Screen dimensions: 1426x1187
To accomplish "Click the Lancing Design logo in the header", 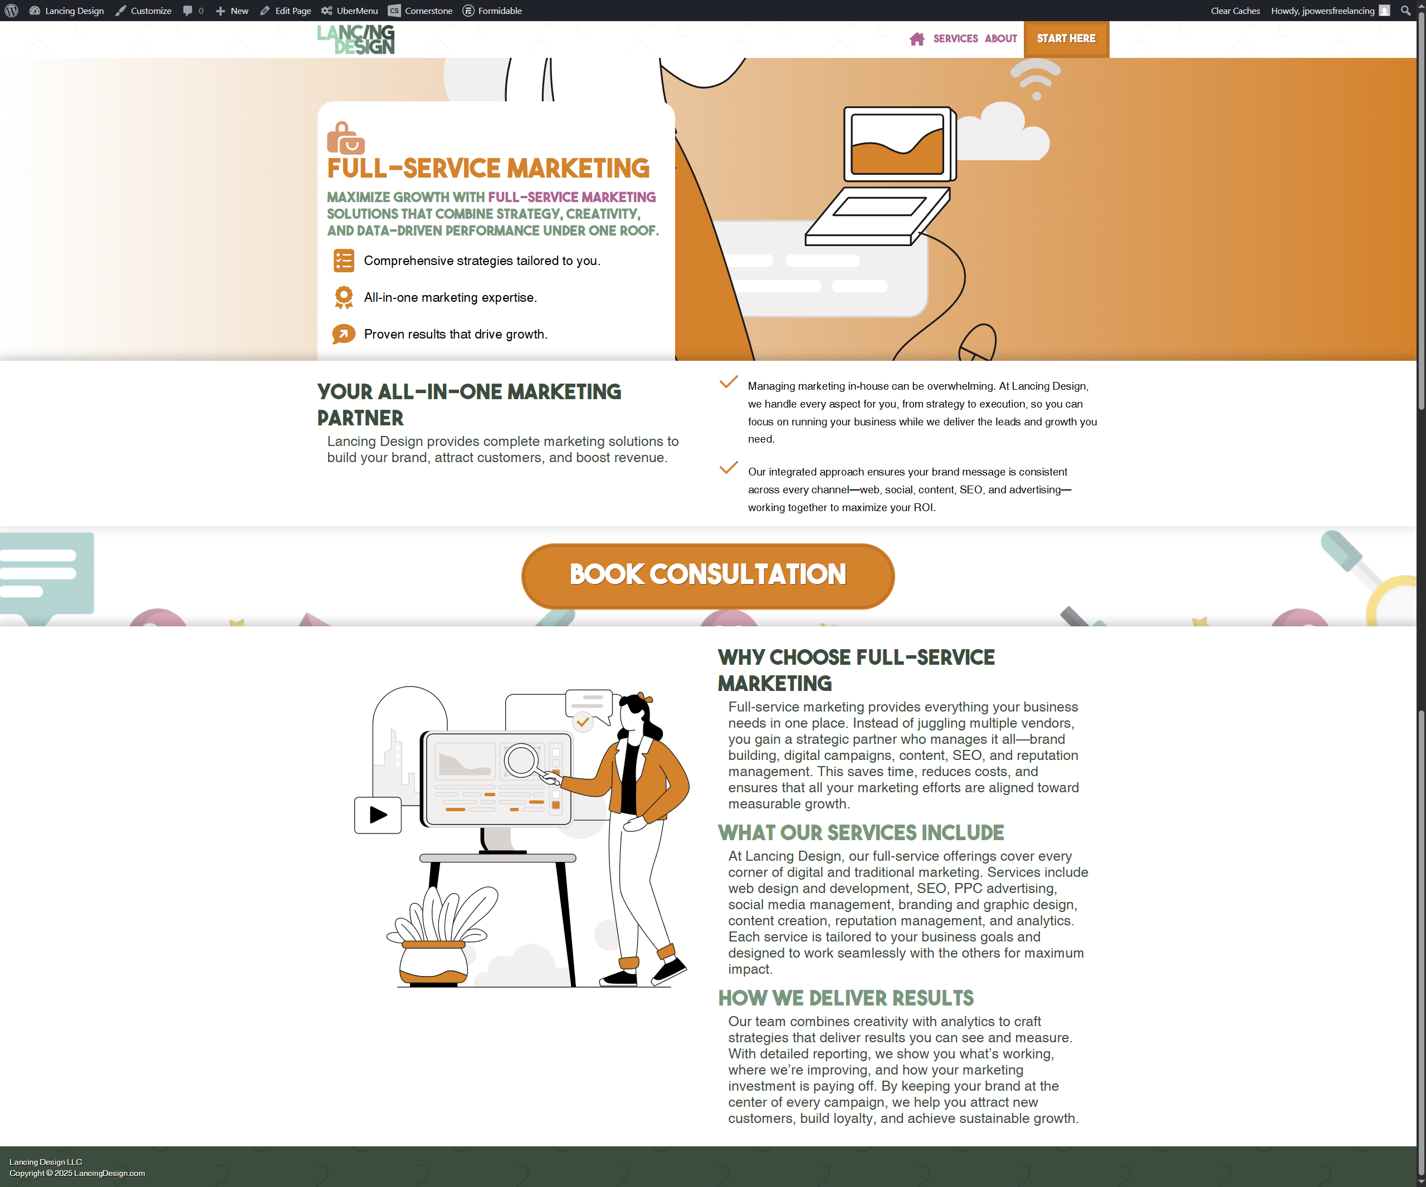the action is click(356, 40).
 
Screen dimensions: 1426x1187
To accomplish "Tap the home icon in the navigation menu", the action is click(917, 38).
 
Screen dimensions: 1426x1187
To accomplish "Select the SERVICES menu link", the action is click(955, 38).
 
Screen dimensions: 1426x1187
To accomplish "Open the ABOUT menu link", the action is click(1001, 38).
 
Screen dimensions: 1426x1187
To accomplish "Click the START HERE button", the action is click(1066, 38).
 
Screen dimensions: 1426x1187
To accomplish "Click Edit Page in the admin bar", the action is click(286, 11).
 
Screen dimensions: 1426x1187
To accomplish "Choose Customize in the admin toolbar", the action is click(143, 11).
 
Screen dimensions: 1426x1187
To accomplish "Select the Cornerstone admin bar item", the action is click(421, 11).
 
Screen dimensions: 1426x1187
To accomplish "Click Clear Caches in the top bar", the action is click(1235, 11).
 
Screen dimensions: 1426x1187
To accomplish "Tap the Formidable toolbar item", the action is click(492, 11).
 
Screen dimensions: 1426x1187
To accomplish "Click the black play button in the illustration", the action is click(378, 815).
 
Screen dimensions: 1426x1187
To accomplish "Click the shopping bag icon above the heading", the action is click(345, 138).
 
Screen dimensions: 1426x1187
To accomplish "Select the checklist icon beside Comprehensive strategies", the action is click(344, 261).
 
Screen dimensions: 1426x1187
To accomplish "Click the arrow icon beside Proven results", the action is click(344, 334).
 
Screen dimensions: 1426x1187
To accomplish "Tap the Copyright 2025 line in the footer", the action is click(77, 1174).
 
